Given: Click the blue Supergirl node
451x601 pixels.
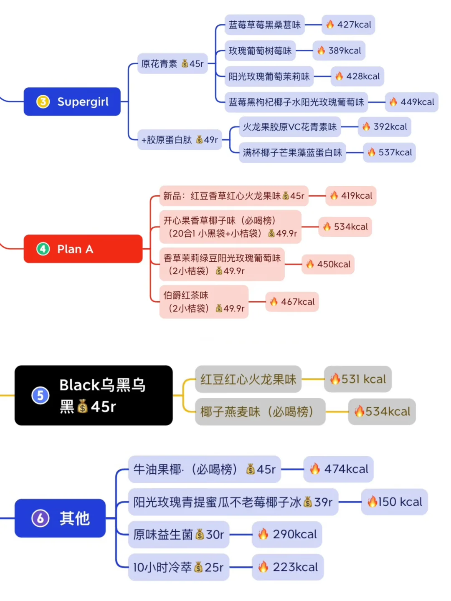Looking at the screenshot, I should tap(72, 101).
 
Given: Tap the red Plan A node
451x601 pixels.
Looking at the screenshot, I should tap(83, 249).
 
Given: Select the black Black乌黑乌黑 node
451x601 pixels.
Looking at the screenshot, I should tap(94, 395).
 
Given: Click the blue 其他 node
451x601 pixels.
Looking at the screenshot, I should tap(60, 518).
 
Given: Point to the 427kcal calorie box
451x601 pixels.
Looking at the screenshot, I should tap(348, 25).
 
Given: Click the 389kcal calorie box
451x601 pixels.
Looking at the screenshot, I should tap(339, 51).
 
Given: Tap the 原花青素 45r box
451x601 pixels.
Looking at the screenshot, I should tap(172, 63).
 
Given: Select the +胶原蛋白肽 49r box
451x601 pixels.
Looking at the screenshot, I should tap(180, 139).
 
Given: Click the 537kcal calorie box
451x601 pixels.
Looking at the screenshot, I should tap(389, 152).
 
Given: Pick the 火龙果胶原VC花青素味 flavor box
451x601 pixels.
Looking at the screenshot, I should tap(290, 127).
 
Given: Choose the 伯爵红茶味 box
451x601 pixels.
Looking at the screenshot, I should tap(204, 302).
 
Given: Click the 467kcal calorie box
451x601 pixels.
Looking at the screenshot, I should tap(292, 302).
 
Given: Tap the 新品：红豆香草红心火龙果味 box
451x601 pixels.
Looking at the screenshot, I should tap(234, 196).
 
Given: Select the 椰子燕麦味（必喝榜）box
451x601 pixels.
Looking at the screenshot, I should tap(260, 412).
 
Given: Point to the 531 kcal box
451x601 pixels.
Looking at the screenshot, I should tap(358, 379).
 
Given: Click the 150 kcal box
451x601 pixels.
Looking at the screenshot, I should tap(394, 502).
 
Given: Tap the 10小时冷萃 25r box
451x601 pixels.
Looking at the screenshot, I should tap(178, 567).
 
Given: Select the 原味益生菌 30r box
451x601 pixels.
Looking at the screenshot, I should tap(178, 534).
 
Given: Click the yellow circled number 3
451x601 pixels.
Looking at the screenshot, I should tap(43, 101).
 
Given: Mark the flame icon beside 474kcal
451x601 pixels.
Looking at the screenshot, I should tap(315, 469).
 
